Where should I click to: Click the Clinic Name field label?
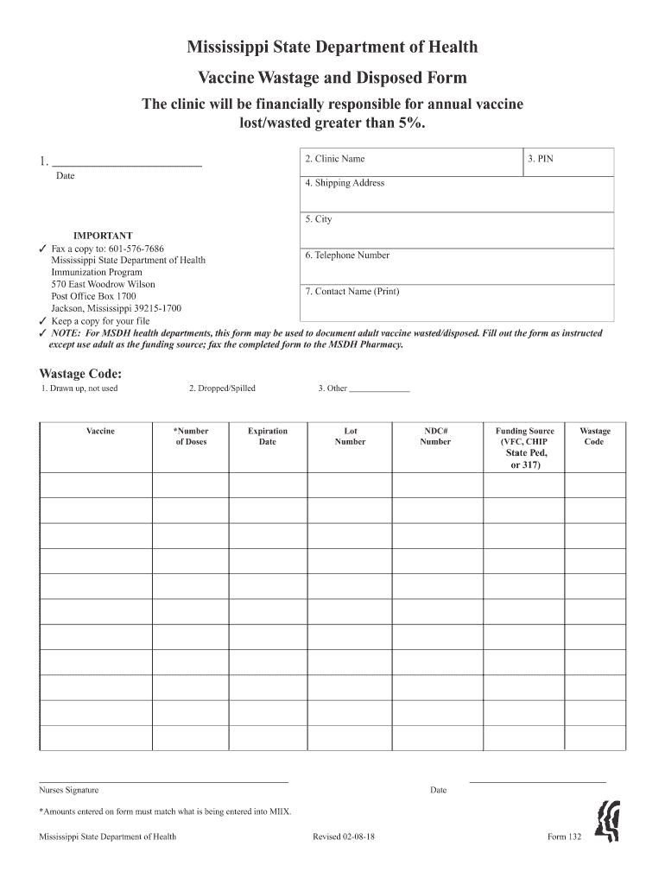click(x=334, y=159)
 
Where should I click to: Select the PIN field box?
click(x=568, y=163)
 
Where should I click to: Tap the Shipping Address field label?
click(x=345, y=183)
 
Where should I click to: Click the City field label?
click(x=318, y=219)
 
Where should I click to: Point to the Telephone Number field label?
click(x=346, y=256)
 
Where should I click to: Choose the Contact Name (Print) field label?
click(x=351, y=292)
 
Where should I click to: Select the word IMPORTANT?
click(x=103, y=236)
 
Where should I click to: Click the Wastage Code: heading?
click(x=80, y=374)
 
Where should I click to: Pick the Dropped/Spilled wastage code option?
click(x=222, y=388)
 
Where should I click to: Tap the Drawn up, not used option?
click(x=79, y=388)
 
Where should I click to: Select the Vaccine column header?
click(x=100, y=431)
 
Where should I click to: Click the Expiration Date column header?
click(x=268, y=436)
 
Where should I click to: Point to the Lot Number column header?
click(x=350, y=436)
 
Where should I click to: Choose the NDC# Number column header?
click(x=435, y=436)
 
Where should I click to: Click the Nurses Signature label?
click(x=69, y=790)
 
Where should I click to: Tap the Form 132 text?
click(x=564, y=837)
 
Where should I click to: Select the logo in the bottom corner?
click(x=608, y=824)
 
